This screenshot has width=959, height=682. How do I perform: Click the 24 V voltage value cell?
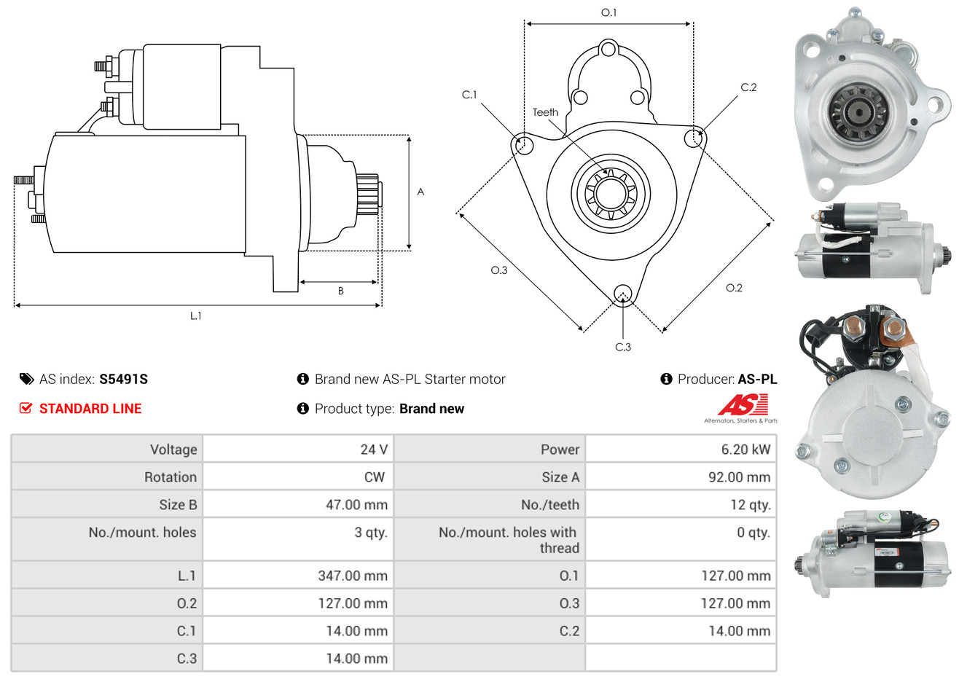(374, 449)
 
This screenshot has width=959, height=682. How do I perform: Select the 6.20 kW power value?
(745, 449)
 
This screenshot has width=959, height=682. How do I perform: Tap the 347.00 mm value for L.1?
(353, 576)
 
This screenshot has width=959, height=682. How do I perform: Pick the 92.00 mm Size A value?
(739, 477)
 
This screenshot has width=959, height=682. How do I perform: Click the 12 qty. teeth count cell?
(750, 505)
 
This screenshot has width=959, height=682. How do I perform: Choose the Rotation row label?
(171, 477)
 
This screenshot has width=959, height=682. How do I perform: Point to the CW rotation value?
(374, 477)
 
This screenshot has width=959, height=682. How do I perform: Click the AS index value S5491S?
(123, 379)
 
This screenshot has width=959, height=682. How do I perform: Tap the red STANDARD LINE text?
(90, 409)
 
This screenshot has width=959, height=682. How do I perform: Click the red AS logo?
(743, 405)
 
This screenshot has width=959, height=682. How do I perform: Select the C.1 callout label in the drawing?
(469, 94)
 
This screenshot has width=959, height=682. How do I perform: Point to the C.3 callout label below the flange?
(623, 347)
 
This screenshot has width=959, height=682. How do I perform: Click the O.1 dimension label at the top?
(608, 12)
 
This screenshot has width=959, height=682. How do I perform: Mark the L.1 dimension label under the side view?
(195, 316)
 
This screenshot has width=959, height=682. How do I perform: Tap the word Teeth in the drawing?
(545, 112)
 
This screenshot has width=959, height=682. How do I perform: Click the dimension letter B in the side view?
(341, 291)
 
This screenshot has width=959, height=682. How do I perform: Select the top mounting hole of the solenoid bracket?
(608, 50)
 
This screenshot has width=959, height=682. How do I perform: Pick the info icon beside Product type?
(302, 409)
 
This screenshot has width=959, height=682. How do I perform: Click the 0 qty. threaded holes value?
(753, 532)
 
